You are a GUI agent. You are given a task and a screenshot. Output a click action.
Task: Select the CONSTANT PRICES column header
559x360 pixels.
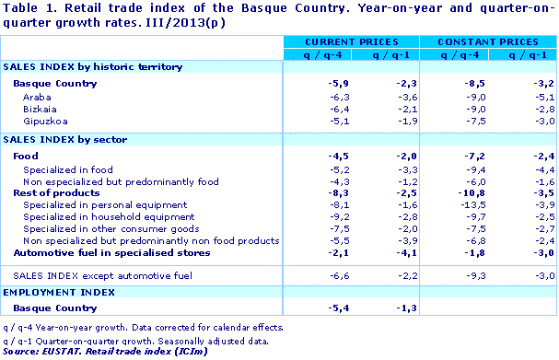(487, 42)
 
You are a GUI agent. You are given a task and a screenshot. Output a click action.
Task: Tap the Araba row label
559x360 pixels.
(38, 97)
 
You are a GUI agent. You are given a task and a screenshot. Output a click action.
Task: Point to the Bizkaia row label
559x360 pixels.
(39, 109)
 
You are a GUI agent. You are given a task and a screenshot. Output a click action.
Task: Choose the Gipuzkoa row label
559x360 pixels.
(43, 121)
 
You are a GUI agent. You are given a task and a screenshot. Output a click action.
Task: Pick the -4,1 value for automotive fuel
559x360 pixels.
(385, 253)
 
